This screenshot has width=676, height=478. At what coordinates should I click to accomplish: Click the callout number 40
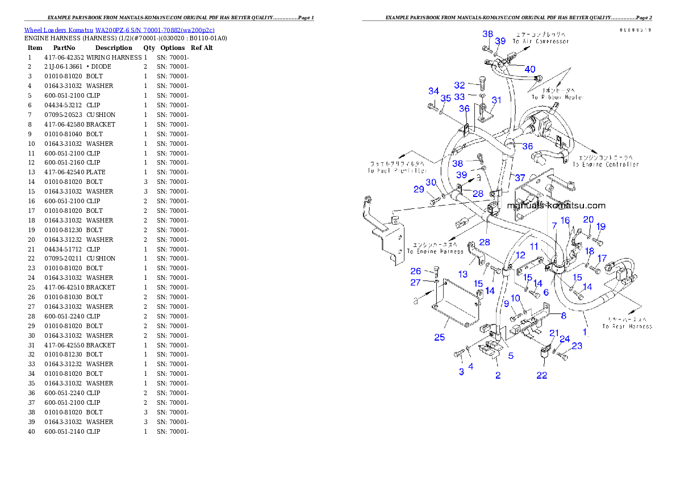529,69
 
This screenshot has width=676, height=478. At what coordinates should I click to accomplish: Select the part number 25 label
440,338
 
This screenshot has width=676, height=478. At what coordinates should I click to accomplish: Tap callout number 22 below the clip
542,375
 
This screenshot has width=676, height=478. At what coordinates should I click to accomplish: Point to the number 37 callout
520,178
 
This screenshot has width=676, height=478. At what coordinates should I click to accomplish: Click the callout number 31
496,100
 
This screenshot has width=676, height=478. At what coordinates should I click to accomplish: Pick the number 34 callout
434,91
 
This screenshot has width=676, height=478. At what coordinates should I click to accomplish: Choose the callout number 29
419,189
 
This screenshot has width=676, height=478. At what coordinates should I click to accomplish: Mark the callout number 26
416,271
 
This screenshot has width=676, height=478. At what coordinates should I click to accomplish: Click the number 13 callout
463,274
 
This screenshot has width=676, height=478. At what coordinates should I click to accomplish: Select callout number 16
565,220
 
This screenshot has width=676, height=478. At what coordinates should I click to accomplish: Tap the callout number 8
564,316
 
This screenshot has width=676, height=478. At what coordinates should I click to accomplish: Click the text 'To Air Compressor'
540,41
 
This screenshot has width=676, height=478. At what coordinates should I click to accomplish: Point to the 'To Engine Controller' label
606,165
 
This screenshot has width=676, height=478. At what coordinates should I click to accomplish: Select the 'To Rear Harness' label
627,326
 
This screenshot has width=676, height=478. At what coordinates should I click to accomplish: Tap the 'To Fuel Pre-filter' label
396,170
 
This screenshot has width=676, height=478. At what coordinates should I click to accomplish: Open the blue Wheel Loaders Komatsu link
119,30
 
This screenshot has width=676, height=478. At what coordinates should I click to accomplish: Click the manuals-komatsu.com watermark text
556,206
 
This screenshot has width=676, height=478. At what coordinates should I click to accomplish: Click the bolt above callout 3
458,355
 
